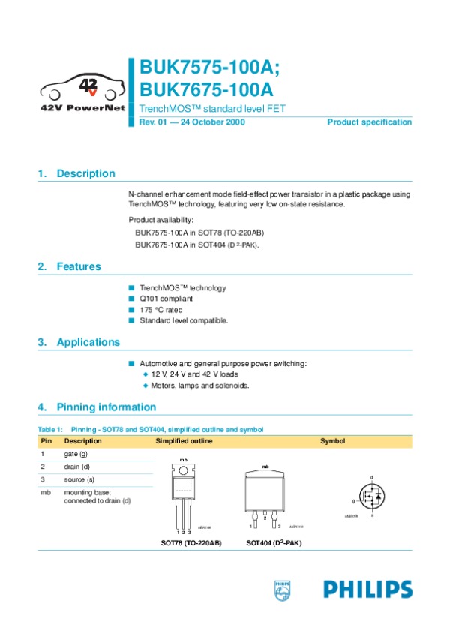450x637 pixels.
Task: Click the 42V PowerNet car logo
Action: [x=82, y=89]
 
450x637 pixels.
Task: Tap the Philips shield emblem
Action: [x=283, y=590]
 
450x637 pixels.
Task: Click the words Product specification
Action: [x=370, y=122]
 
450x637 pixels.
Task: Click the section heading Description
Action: [x=85, y=173]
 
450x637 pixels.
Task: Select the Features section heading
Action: [x=78, y=266]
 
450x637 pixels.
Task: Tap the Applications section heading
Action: [x=88, y=342]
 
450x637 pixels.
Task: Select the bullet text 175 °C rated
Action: [x=160, y=310]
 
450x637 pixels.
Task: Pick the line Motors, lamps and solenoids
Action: [x=200, y=386]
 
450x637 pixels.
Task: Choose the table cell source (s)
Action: [x=79, y=479]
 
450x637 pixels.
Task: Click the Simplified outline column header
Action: [x=184, y=441]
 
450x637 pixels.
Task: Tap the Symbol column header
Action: [x=332, y=441]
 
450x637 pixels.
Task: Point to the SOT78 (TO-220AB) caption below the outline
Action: [x=191, y=542]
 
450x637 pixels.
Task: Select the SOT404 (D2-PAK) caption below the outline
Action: [x=274, y=542]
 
